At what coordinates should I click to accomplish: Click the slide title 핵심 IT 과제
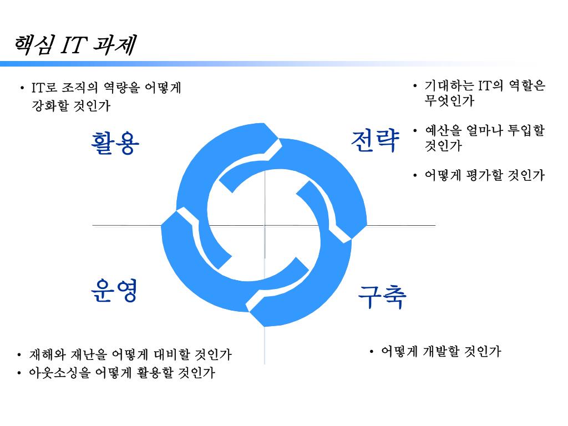pyautogui.click(x=75, y=45)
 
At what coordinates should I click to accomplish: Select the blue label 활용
pyautogui.click(x=115, y=143)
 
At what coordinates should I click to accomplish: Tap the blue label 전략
pyautogui.click(x=376, y=141)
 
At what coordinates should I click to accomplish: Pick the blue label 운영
pyautogui.click(x=114, y=291)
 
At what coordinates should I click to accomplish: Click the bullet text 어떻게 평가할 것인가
pyautogui.click(x=484, y=176)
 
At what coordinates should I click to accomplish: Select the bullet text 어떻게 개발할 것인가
pyautogui.click(x=441, y=351)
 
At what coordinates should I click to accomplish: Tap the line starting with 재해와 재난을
pyautogui.click(x=130, y=354)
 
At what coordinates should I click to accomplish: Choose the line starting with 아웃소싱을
pyautogui.click(x=122, y=373)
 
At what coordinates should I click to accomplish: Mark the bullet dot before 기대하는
pyautogui.click(x=415, y=86)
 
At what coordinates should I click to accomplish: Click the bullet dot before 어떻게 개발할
pyautogui.click(x=372, y=351)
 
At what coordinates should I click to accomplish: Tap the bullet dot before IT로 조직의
pyautogui.click(x=22, y=88)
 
